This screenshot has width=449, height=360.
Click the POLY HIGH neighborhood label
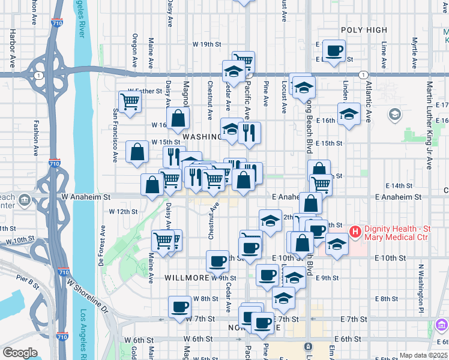pos(364,29)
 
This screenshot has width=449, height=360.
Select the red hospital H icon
pos(355,231)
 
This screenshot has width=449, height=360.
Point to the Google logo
pos(20,353)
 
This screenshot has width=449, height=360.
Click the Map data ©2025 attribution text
pos(424,355)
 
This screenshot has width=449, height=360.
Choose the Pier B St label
pos(27,278)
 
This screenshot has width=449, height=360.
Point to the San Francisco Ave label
pos(115,136)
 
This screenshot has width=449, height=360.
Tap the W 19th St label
pos(207,44)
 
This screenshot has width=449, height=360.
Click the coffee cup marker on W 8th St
pos(179,307)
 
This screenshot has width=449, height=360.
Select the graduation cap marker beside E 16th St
pos(349,114)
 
